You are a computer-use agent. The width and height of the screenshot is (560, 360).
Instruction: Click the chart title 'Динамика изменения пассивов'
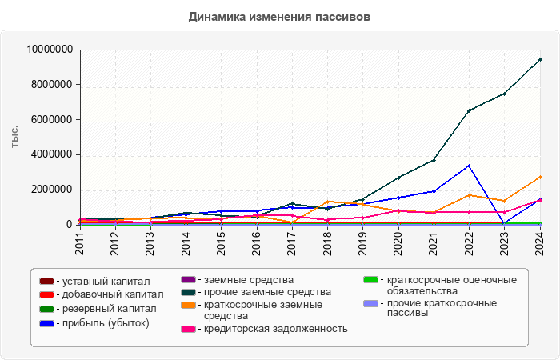pyautogui.click(x=279, y=17)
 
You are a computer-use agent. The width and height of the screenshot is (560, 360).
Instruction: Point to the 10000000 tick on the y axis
pyautogui.click(x=50, y=50)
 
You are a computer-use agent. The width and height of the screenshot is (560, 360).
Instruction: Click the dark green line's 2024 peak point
pyautogui.click(x=540, y=59)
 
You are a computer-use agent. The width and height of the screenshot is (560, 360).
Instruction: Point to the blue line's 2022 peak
pyautogui.click(x=469, y=166)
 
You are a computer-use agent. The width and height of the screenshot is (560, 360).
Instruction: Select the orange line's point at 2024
pyautogui.click(x=540, y=177)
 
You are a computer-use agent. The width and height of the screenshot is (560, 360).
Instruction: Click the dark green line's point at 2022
pyautogui.click(x=469, y=110)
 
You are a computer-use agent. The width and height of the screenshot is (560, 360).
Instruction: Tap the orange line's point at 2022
pyautogui.click(x=469, y=195)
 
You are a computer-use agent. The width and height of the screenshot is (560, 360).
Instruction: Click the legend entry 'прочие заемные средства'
pyautogui.click(x=256, y=292)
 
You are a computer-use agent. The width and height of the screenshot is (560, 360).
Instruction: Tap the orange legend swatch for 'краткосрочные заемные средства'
pyautogui.click(x=189, y=305)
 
